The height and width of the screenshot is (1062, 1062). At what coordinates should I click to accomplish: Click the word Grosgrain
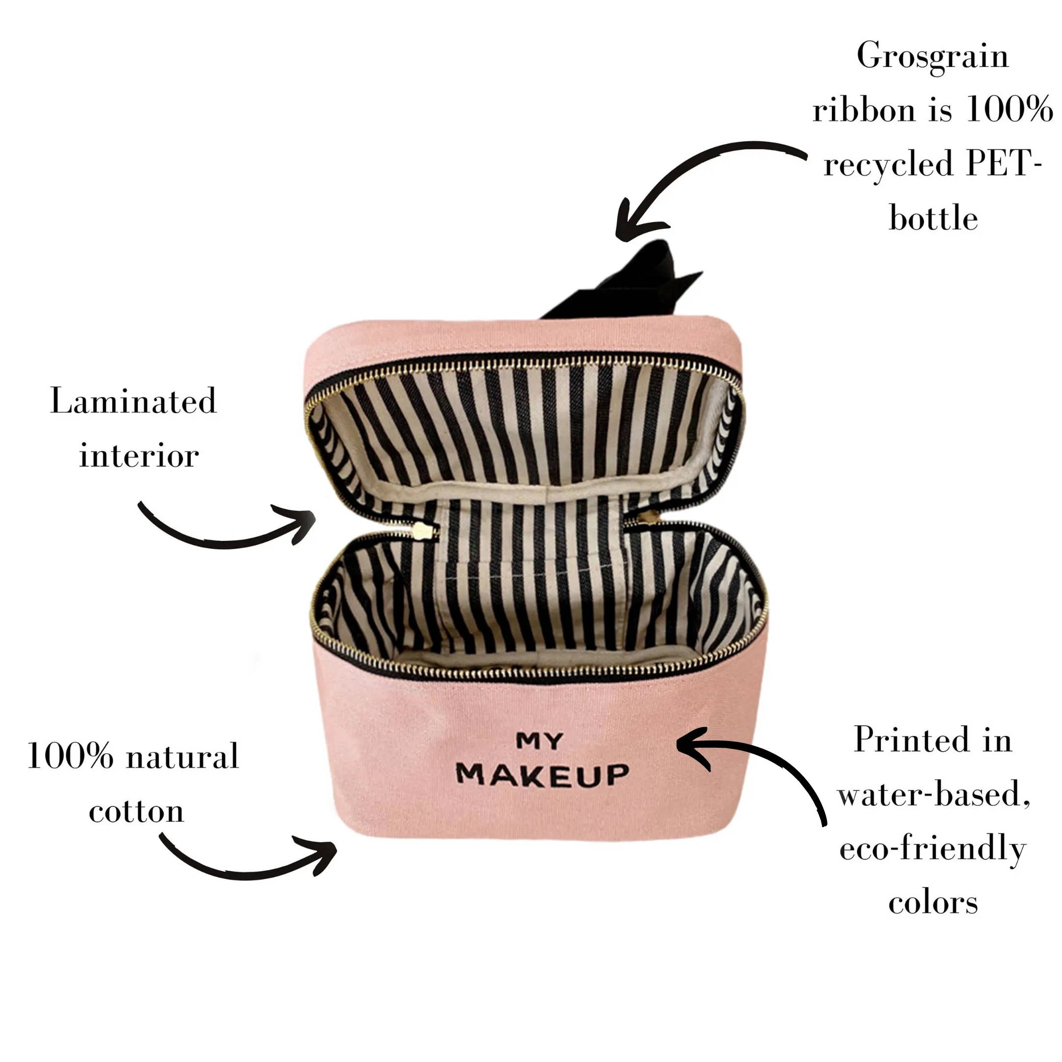(x=932, y=57)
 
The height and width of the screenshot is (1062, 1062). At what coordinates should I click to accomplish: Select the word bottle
(x=933, y=218)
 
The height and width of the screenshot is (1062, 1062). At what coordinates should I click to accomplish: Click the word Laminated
(x=134, y=401)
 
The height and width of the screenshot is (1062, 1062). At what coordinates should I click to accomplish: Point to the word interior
(x=139, y=456)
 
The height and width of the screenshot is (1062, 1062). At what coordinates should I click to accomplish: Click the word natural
(x=182, y=756)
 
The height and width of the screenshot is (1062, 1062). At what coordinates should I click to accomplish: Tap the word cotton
(x=136, y=811)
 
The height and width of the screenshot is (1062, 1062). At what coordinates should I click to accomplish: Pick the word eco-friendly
(x=932, y=849)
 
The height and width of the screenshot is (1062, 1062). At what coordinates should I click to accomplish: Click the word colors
(x=933, y=903)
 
